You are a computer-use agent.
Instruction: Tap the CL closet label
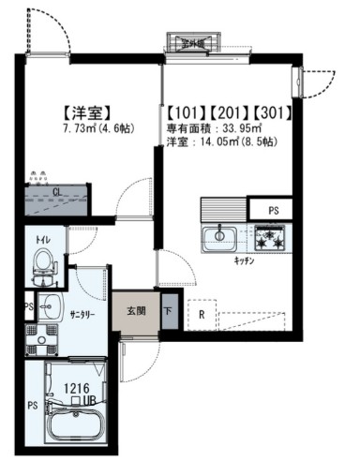tap(57, 192)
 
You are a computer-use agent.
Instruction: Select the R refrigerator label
tap(201, 315)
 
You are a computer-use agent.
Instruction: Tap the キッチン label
tap(247, 260)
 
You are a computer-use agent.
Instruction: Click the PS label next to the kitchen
tap(275, 211)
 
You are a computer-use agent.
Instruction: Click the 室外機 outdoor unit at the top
tap(192, 41)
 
